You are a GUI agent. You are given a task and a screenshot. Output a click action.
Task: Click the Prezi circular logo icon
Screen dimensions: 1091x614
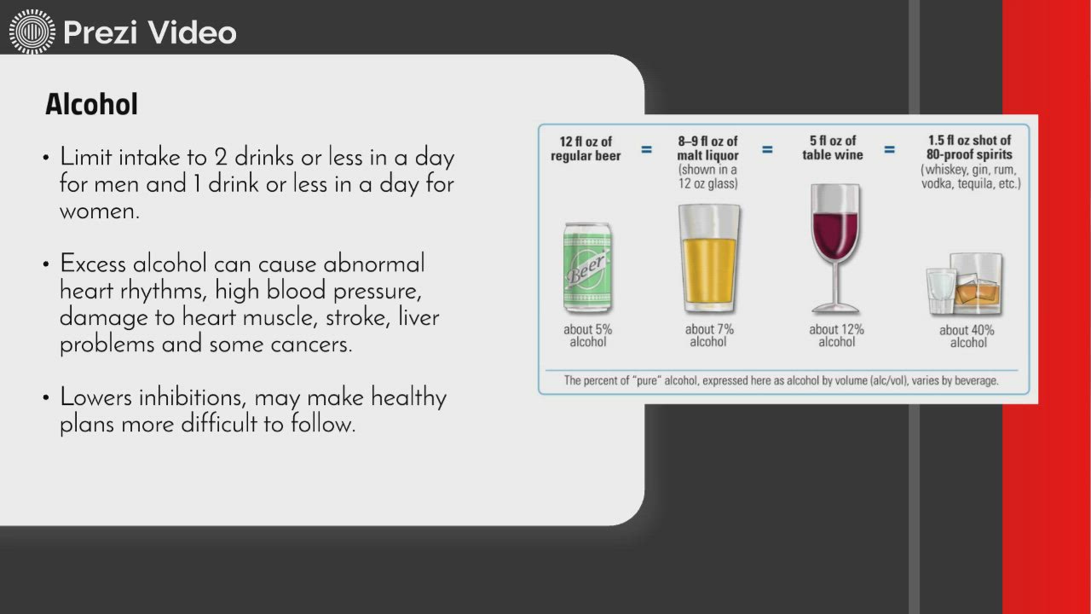(32, 32)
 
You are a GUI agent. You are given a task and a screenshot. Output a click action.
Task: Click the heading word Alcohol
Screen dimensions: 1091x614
(91, 104)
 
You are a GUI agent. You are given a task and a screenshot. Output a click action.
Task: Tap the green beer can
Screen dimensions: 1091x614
(588, 268)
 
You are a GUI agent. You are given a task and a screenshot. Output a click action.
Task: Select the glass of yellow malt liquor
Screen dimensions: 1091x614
(709, 258)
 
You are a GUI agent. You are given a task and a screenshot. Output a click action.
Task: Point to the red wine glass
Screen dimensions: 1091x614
(835, 248)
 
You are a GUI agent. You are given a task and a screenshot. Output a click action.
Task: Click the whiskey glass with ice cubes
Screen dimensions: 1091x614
(976, 284)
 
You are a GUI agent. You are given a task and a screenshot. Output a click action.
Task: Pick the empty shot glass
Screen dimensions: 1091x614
(941, 292)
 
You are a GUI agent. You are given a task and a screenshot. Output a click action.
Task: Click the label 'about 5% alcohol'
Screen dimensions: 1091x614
(588, 336)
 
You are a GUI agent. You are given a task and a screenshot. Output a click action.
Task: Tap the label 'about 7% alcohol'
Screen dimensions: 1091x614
(708, 336)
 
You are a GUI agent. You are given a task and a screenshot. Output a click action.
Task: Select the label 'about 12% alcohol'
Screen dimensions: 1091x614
(836, 336)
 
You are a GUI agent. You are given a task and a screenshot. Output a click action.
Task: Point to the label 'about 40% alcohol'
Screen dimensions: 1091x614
(967, 336)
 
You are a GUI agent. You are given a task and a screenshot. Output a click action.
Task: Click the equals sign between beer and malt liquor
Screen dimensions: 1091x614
(646, 149)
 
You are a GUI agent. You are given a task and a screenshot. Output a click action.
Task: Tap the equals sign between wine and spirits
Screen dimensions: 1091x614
(889, 149)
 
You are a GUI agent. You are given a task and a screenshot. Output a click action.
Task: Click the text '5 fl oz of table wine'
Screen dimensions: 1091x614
(833, 148)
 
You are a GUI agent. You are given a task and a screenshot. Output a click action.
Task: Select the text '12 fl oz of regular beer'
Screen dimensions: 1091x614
(586, 148)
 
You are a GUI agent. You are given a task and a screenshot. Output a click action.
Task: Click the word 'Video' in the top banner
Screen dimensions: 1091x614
(192, 32)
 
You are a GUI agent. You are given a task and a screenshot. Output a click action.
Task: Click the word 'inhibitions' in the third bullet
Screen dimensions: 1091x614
(193, 397)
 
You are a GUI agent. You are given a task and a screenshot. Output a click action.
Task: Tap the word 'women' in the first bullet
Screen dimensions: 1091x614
(100, 212)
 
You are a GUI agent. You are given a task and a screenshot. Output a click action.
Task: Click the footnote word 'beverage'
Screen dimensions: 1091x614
(974, 380)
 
